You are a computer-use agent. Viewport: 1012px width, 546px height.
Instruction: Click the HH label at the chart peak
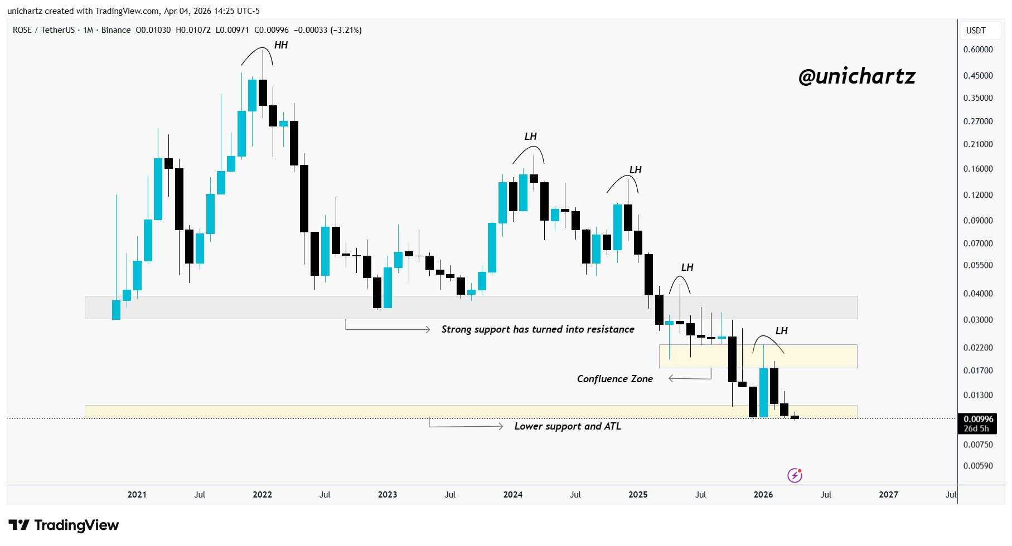pos(281,45)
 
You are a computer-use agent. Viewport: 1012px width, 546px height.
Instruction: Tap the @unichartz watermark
pos(856,76)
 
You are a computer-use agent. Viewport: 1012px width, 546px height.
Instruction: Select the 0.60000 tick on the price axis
pos(977,50)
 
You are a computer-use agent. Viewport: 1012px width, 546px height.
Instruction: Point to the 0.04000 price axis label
pos(977,294)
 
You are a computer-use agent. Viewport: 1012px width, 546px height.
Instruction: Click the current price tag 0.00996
pos(979,419)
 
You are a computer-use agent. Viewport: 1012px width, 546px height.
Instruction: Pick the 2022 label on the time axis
pos(262,495)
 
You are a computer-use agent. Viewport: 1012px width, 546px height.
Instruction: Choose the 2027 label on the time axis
pos(888,495)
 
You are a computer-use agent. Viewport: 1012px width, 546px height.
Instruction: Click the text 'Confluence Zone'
pos(614,379)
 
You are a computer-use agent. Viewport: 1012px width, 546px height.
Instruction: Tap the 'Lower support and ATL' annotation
pos(567,426)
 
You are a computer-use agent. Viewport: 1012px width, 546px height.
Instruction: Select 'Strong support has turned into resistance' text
pos(538,329)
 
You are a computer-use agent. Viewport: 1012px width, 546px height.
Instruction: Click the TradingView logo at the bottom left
pos(64,525)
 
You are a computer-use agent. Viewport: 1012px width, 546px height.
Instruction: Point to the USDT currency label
pos(976,31)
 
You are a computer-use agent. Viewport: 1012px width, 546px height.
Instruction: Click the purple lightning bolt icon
pos(795,475)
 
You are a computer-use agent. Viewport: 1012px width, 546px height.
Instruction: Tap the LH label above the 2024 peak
pos(530,136)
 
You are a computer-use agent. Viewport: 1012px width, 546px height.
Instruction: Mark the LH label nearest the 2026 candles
pos(781,331)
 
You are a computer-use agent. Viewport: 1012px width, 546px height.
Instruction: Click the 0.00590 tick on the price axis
pos(977,466)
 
